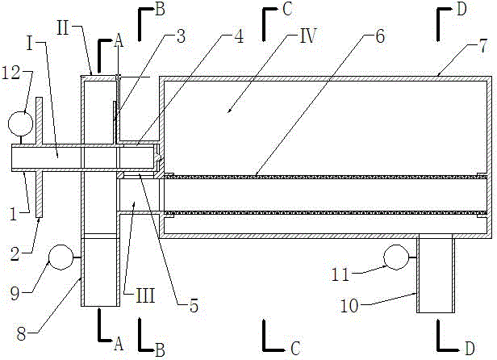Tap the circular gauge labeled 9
coord(61,257)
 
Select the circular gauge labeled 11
coord(395,257)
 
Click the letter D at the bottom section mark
coord(467,347)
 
